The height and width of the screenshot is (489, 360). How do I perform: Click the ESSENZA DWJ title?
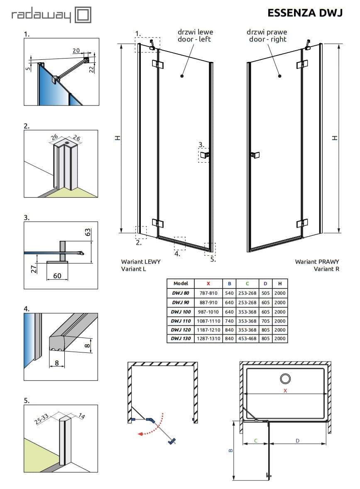coord(305,13)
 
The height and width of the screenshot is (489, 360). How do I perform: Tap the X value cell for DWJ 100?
coord(208,312)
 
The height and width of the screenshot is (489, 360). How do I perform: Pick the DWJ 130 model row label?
coord(181,338)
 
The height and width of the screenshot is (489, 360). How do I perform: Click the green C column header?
coord(247,284)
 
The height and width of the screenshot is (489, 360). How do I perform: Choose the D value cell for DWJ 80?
coord(266,293)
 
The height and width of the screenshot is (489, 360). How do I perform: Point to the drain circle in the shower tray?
coord(285,379)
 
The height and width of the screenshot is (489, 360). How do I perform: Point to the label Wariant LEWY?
coord(141,262)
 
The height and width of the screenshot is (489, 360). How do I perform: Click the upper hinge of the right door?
coord(302,65)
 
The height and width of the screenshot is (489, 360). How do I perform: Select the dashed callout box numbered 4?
coord(180,242)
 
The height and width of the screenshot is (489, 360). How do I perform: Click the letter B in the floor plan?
coord(231,450)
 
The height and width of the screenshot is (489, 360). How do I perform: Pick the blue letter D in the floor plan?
coord(297,440)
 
